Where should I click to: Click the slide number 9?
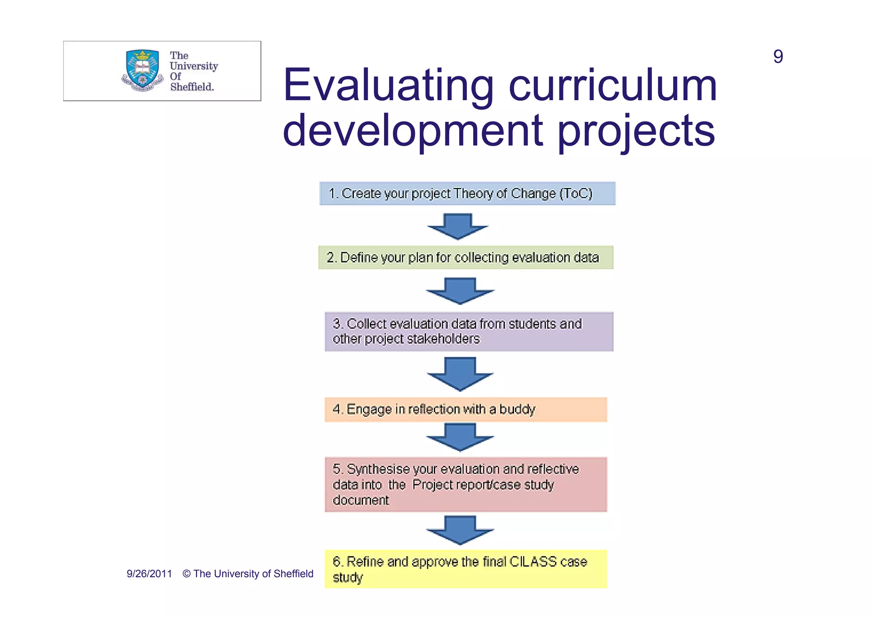pos(778,57)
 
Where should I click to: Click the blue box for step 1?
pos(467,193)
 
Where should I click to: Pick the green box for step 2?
pos(465,257)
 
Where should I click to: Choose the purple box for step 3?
pos(468,332)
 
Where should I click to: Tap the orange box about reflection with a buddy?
pos(465,409)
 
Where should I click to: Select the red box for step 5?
pos(465,484)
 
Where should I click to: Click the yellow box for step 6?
pos(465,569)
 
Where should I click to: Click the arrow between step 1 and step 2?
pos(458,226)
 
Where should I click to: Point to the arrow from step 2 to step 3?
pos(460,291)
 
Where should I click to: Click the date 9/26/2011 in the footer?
pos(149,574)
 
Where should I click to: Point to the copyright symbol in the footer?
pos(186,574)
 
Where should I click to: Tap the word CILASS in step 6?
pos(533,562)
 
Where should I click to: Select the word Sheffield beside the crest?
pos(192,87)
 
